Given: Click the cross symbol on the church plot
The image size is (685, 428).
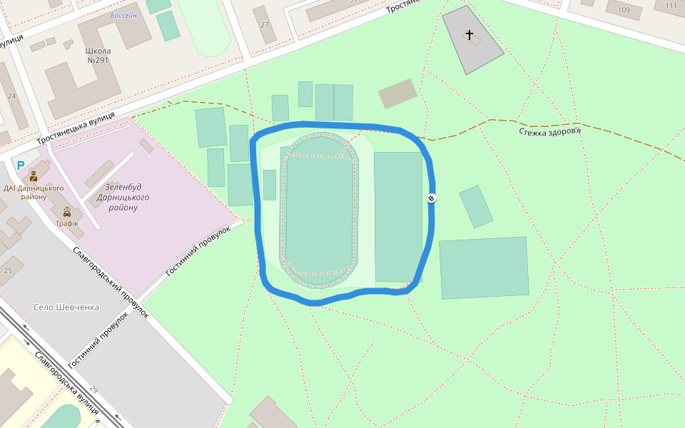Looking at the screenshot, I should [x=470, y=34].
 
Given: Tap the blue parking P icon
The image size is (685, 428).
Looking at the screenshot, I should [x=21, y=165].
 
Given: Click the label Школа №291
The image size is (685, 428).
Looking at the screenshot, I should [x=98, y=56].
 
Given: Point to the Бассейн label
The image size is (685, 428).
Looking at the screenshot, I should [x=123, y=15].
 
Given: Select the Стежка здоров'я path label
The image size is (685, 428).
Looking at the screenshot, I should [x=550, y=131].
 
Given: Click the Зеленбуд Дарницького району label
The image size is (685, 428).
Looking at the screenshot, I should [x=123, y=197].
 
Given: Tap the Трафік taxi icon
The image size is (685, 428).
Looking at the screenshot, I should [x=67, y=212].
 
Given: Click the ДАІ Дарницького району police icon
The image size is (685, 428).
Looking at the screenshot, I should [x=34, y=175].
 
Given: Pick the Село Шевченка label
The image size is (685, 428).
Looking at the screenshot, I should [x=66, y=307].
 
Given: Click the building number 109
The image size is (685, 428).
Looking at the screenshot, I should [x=624, y=10].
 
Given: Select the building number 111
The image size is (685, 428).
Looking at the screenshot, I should [x=671, y=6].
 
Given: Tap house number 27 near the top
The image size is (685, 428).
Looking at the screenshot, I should [x=265, y=25].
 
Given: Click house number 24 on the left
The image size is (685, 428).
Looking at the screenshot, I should [x=11, y=96].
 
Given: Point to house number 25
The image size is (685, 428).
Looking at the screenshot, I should [x=8, y=270].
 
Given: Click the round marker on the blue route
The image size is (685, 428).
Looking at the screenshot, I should [x=432, y=198].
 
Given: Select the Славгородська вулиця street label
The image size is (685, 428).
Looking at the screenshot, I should [x=66, y=382].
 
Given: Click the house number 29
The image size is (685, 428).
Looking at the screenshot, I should [x=93, y=389].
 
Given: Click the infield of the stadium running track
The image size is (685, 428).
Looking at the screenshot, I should [x=319, y=214].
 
